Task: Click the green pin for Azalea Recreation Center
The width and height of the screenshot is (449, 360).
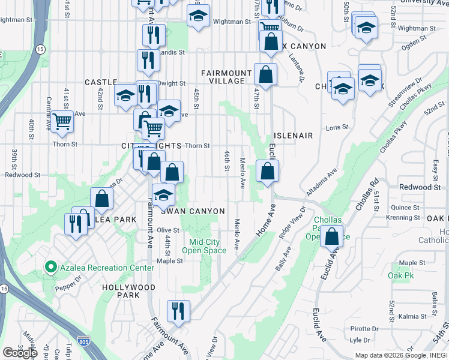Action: point(51,268)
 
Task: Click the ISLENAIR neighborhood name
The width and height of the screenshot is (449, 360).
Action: point(292,136)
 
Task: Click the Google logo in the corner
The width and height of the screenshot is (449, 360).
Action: point(20,352)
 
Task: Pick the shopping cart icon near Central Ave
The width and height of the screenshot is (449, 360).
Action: point(62,122)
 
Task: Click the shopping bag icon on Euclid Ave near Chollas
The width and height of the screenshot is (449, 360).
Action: point(331,237)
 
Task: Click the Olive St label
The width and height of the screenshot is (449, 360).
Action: point(168,230)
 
